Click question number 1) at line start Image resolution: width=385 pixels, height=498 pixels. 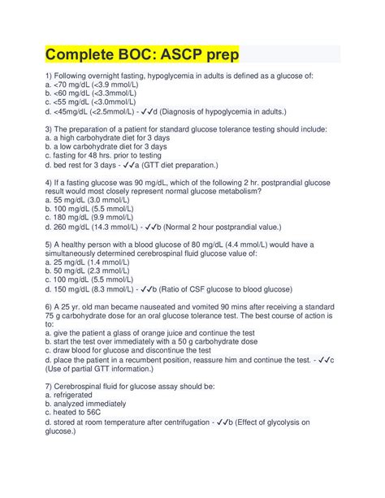(48, 76)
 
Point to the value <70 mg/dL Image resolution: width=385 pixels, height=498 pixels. (75, 84)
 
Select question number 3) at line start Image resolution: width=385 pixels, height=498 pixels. (48, 129)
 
